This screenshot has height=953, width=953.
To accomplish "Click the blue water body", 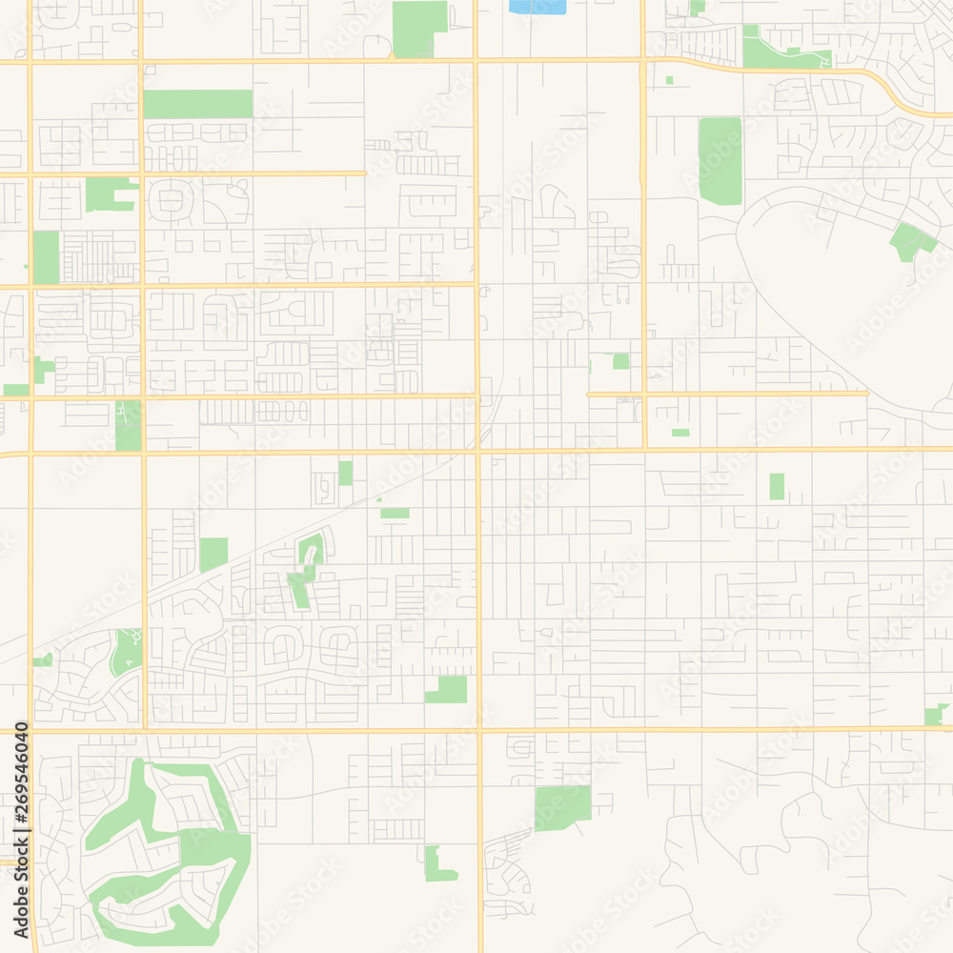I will point(537,7).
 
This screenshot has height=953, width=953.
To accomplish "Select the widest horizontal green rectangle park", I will point(197,104).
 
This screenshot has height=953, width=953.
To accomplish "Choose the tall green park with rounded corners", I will point(720,160).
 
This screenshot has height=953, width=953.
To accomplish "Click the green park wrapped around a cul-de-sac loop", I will point(310,553).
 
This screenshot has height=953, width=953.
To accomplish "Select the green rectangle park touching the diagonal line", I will point(213,554).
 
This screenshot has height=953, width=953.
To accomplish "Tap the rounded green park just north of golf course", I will point(125,652).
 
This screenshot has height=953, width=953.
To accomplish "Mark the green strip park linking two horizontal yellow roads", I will point(128,425).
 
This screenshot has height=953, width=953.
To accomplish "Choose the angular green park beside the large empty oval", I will point(910,241).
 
